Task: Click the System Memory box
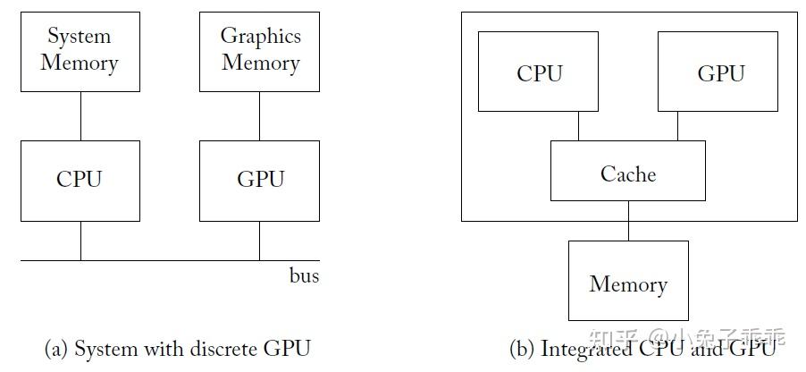point(80,51)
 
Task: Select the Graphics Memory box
point(259,51)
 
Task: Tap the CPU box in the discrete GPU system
point(80,180)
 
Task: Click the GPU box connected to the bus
point(259,180)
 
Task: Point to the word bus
point(304,275)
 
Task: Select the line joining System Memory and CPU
point(80,115)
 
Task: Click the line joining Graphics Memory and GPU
point(260,115)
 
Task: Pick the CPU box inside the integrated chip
point(539,72)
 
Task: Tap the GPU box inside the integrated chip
point(719,72)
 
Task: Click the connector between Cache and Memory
point(628,221)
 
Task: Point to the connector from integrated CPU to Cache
point(578,126)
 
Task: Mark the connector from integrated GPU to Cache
point(677,126)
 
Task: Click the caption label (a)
point(56,349)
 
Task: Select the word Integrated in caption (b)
point(583,349)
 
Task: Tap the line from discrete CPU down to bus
point(80,241)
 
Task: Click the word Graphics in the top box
point(260,37)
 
